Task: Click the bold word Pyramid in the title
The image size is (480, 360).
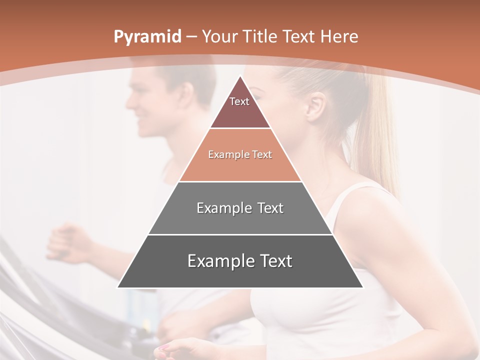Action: point(147,37)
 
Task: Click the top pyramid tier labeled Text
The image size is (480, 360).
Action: point(239,105)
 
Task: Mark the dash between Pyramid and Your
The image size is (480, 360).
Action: point(190,37)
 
